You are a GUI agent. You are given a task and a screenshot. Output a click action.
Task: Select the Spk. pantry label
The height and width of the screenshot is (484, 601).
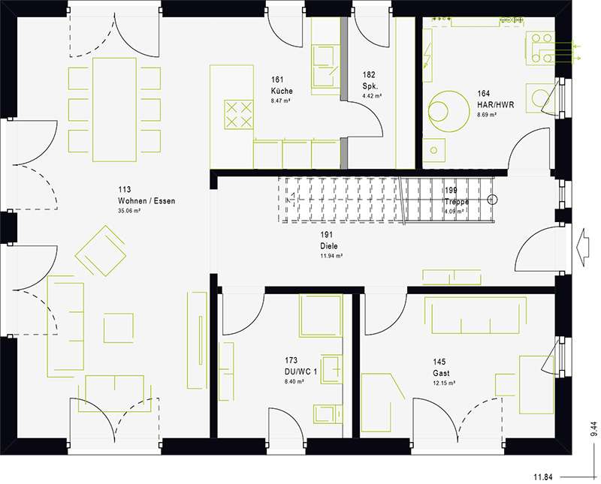coord(369,86)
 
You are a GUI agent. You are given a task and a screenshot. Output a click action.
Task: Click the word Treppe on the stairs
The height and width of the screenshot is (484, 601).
coord(456,203)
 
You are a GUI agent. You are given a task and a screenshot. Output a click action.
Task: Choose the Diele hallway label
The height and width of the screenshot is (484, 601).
coord(329,245)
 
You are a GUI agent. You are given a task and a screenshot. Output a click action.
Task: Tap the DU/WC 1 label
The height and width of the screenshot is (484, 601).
coord(300,371)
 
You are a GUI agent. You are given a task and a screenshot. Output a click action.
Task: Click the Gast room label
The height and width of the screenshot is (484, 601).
coord(441,373)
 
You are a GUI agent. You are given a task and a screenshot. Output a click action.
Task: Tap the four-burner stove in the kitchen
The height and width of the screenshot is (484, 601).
coord(239,114)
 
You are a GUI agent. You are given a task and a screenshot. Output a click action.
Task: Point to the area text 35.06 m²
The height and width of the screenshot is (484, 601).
coord(129,212)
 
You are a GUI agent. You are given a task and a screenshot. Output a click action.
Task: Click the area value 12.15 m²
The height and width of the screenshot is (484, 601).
coord(443,383)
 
